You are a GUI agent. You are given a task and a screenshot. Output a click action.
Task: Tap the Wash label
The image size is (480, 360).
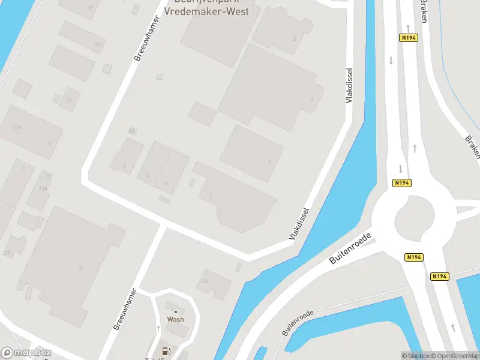click(175, 319)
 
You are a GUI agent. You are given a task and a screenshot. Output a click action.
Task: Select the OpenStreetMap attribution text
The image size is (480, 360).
click(454, 356)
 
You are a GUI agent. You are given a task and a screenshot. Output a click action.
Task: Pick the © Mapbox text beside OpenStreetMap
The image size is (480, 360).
click(415, 356)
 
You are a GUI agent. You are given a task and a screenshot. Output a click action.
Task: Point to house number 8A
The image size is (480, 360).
click(205, 280)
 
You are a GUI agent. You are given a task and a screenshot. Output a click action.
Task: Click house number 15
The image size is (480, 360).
click(70, 100)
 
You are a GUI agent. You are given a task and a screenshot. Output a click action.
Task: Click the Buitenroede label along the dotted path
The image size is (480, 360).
click(298, 322)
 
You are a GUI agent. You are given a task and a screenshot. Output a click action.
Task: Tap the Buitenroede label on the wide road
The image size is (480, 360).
click(351, 248)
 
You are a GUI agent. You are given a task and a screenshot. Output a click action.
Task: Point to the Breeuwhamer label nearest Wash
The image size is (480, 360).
click(125, 310)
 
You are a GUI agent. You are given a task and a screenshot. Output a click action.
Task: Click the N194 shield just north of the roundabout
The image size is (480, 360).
click(401, 182)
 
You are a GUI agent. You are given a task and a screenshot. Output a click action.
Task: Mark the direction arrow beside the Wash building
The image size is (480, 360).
click(158, 329)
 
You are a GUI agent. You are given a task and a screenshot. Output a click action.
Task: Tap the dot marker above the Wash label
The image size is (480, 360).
click(176, 311)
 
